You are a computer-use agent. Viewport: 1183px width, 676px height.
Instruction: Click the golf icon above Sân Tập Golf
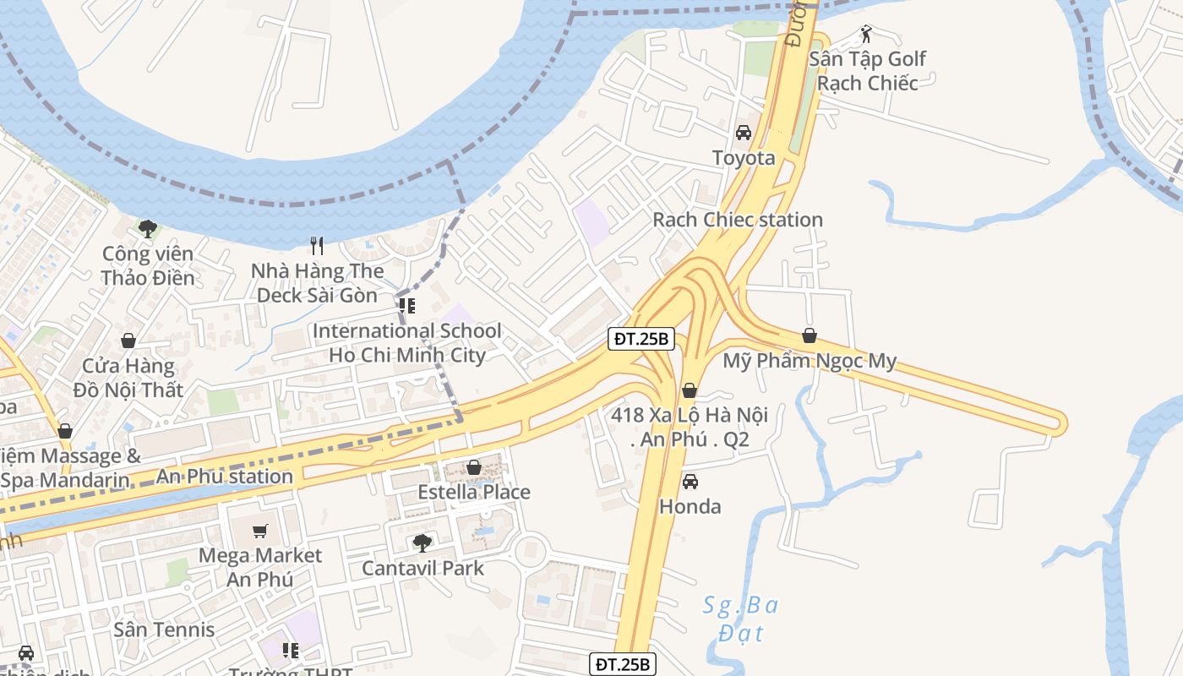(866, 34)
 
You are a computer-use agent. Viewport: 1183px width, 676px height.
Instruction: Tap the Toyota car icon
(744, 133)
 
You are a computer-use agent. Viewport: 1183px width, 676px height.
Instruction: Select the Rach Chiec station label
(738, 220)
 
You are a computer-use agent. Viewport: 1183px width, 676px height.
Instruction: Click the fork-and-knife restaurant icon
(318, 246)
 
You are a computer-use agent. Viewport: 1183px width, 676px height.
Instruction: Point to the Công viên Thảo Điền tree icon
(148, 228)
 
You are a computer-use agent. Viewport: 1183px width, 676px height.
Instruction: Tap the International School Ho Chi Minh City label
(407, 342)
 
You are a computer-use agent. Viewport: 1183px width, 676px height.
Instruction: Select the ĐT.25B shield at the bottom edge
(622, 664)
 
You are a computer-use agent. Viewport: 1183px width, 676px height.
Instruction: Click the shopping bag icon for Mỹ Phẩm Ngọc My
(810, 335)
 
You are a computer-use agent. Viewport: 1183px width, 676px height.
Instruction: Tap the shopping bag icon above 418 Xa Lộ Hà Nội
(690, 390)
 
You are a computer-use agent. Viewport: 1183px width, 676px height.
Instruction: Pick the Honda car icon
(690, 482)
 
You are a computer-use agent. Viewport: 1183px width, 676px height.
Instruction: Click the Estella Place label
(474, 492)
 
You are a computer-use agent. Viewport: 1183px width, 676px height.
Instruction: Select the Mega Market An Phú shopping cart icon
(260, 531)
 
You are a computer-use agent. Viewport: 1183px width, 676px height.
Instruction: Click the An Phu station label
(225, 477)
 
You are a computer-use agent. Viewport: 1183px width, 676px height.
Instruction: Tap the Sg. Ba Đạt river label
(741, 619)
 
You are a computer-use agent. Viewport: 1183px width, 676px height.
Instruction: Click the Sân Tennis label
(164, 630)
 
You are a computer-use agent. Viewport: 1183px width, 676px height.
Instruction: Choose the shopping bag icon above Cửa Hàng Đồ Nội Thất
(128, 341)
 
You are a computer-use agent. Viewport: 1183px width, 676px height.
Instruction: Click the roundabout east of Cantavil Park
(531, 552)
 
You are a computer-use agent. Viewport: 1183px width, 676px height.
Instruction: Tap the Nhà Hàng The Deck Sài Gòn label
(318, 283)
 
